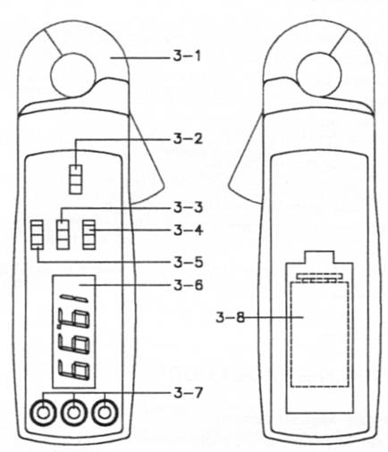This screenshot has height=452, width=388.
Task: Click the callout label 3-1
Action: pyautogui.click(x=187, y=56)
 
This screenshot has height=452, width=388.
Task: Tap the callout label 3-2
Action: pyautogui.click(x=188, y=138)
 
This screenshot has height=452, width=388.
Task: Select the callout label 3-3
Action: pyautogui.click(x=188, y=207)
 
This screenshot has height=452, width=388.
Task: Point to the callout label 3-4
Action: pyautogui.click(x=188, y=230)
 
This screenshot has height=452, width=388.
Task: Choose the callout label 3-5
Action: pyautogui.click(x=188, y=262)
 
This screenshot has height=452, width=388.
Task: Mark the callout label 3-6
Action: pyautogui.click(x=188, y=285)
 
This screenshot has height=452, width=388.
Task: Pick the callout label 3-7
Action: pyautogui.click(x=188, y=393)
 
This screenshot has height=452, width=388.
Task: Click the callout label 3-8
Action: pyautogui.click(x=230, y=318)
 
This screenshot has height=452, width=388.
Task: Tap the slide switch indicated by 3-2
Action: pyautogui.click(x=76, y=180)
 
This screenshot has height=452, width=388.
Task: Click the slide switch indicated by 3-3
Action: pyautogui.click(x=63, y=234)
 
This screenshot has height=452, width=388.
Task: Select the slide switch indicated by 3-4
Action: pyautogui.click(x=89, y=234)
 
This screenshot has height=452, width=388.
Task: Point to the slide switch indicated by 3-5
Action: pyautogui.click(x=38, y=234)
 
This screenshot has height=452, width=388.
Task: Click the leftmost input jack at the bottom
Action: pyautogui.click(x=43, y=413)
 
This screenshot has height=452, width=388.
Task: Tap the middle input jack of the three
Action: pyautogui.click(x=74, y=413)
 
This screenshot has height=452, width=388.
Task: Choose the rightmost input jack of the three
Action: pyautogui.click(x=105, y=413)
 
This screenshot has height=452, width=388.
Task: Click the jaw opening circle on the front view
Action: pyautogui.click(x=73, y=75)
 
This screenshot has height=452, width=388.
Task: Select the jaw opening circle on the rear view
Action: pyautogui.click(x=319, y=75)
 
